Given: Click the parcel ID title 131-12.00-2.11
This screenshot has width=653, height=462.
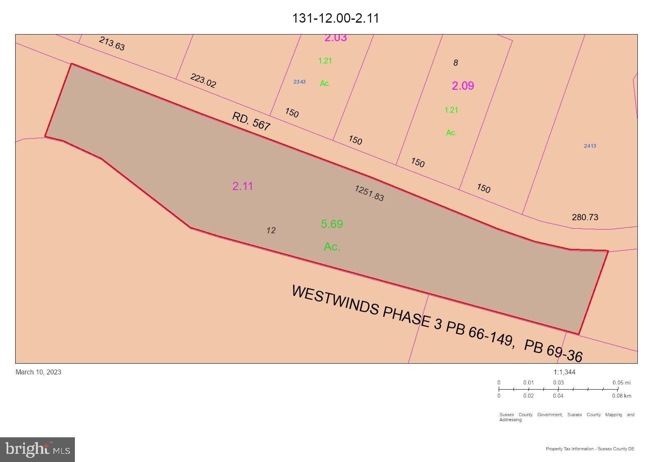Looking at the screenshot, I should click(335, 18).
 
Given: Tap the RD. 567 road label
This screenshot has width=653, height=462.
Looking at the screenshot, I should click(251, 121).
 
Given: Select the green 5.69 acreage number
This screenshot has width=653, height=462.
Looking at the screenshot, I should click(332, 224).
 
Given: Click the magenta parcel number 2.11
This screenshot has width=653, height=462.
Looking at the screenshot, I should click(242, 186).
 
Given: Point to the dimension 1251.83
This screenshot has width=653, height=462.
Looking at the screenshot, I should click(369, 193).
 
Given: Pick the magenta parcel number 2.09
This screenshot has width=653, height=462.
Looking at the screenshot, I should click(463, 86).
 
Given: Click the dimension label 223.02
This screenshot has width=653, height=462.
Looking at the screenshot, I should click(203, 80).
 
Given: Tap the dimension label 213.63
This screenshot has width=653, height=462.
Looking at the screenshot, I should click(112, 44).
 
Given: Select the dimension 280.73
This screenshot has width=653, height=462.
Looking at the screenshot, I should click(585, 217).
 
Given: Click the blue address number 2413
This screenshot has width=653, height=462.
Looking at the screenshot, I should click(590, 146).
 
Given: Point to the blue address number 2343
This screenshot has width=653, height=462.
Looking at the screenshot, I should click(299, 82).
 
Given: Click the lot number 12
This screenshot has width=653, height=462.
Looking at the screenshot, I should click(271, 230).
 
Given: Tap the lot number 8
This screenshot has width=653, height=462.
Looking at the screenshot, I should click(455, 63).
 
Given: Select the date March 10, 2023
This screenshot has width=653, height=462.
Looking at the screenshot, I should click(38, 372).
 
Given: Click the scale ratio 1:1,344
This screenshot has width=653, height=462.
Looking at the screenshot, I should click(564, 372).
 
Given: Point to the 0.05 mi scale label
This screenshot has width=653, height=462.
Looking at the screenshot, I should click(621, 383).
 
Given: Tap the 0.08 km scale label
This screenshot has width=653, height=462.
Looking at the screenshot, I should click(621, 396).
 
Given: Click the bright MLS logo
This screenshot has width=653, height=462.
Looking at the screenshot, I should click(37, 449).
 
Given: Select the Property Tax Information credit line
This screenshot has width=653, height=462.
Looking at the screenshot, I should click(590, 449).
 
